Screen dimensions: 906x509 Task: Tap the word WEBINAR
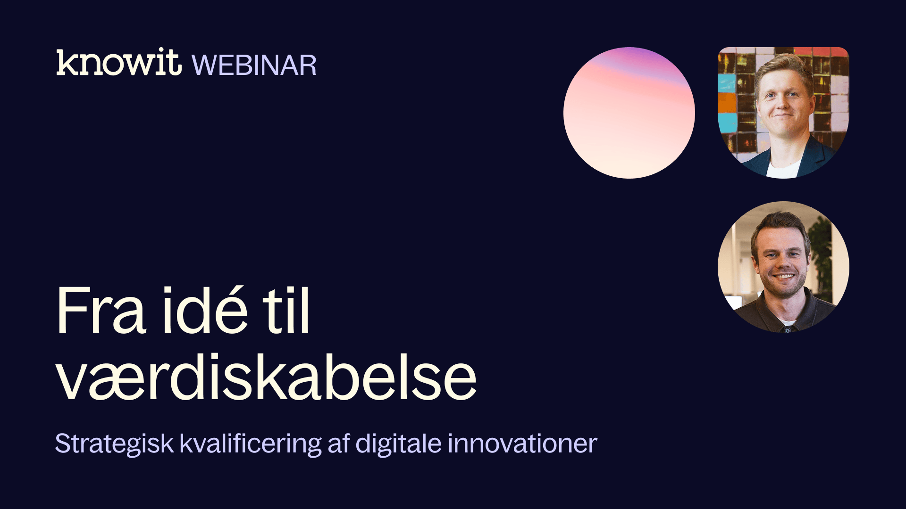tap(254, 65)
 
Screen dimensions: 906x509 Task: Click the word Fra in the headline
tap(101, 311)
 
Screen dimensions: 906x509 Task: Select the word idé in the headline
tap(205, 309)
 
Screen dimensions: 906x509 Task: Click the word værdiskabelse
tap(267, 377)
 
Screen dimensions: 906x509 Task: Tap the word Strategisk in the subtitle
tap(115, 444)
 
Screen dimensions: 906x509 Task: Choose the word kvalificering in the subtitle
tap(251, 444)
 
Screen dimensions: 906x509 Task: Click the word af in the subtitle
tap(338, 443)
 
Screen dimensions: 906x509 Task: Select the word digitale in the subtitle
tap(398, 444)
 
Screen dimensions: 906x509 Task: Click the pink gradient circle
tap(629, 113)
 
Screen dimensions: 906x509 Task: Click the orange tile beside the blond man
tap(727, 104)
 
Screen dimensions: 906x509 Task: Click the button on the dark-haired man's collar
tap(787, 330)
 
